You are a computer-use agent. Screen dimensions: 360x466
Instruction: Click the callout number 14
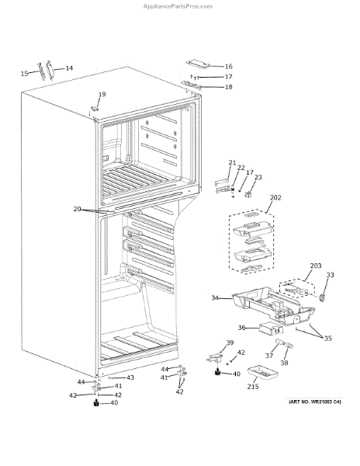69,68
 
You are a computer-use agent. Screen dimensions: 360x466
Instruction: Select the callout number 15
24,73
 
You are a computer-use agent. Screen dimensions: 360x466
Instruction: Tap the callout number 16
229,66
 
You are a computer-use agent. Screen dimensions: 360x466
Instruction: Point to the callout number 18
229,87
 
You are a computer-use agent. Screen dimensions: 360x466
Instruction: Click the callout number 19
102,94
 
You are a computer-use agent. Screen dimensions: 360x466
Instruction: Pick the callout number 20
77,209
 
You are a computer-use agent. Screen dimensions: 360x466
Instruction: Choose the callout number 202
275,197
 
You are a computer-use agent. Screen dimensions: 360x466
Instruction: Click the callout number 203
316,266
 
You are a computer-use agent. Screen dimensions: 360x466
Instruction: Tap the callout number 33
330,275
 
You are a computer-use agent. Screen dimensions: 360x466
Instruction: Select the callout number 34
215,297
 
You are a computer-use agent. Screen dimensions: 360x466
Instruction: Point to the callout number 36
241,328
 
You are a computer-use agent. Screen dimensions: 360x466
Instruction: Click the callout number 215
253,386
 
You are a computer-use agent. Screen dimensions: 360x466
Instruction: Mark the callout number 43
130,377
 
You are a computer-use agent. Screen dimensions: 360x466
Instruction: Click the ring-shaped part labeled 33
322,297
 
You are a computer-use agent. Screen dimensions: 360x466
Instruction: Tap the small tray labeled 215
263,372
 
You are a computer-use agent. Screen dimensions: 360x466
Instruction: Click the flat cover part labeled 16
198,64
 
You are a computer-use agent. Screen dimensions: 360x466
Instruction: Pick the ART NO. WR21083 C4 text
315,402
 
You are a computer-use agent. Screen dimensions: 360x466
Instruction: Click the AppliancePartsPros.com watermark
178,6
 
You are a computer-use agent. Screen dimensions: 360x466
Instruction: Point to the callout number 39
230,343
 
